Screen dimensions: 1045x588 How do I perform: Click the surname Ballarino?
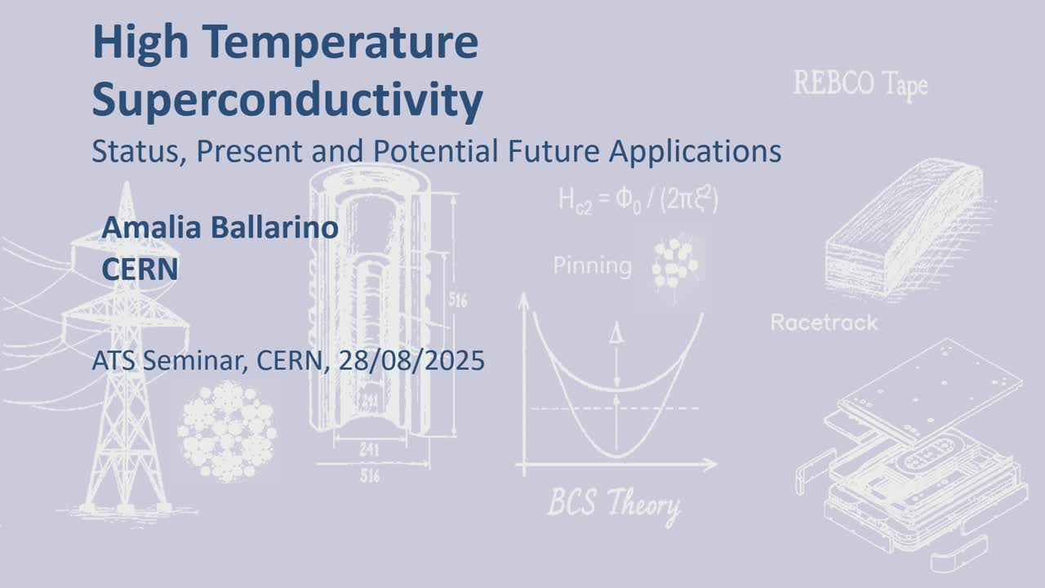click(274, 228)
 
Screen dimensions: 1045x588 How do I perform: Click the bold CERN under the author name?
click(140, 269)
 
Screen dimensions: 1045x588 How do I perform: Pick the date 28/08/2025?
click(411, 361)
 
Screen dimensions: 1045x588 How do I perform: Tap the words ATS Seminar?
click(171, 361)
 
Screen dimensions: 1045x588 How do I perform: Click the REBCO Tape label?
click(860, 85)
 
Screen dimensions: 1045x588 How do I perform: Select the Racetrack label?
click(824, 323)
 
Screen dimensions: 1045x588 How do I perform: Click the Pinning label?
click(593, 266)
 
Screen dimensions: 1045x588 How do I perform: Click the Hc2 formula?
click(638, 201)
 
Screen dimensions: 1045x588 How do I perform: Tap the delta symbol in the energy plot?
click(616, 333)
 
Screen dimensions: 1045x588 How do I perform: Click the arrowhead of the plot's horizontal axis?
click(711, 465)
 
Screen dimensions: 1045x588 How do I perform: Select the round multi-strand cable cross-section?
click(227, 431)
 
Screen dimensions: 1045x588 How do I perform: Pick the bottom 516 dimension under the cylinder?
click(370, 476)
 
